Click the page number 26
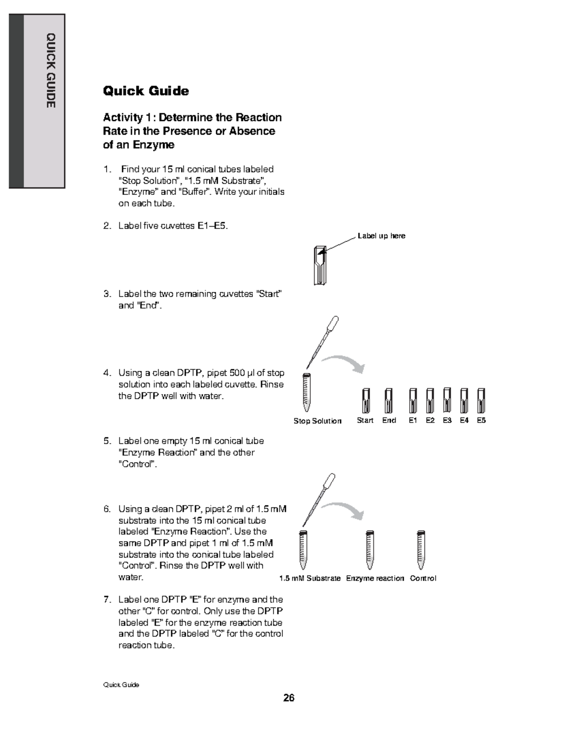pos(289,698)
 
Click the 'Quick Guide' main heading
pos(146,91)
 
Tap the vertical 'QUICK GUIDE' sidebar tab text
pos(51,71)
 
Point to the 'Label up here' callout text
pos(381,236)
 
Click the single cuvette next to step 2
pos(319,265)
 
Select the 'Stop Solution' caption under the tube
pos(317,421)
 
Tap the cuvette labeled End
pos(389,400)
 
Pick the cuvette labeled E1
pos(413,400)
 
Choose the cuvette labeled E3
pos(447,399)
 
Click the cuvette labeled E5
pos(481,400)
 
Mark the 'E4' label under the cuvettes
pos(464,421)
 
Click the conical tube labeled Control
pos(421,550)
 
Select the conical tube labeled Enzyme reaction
pos(370,550)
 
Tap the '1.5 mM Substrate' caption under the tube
pos(310,578)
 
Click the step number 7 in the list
pos(107,599)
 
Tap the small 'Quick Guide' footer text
pos(121,685)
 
